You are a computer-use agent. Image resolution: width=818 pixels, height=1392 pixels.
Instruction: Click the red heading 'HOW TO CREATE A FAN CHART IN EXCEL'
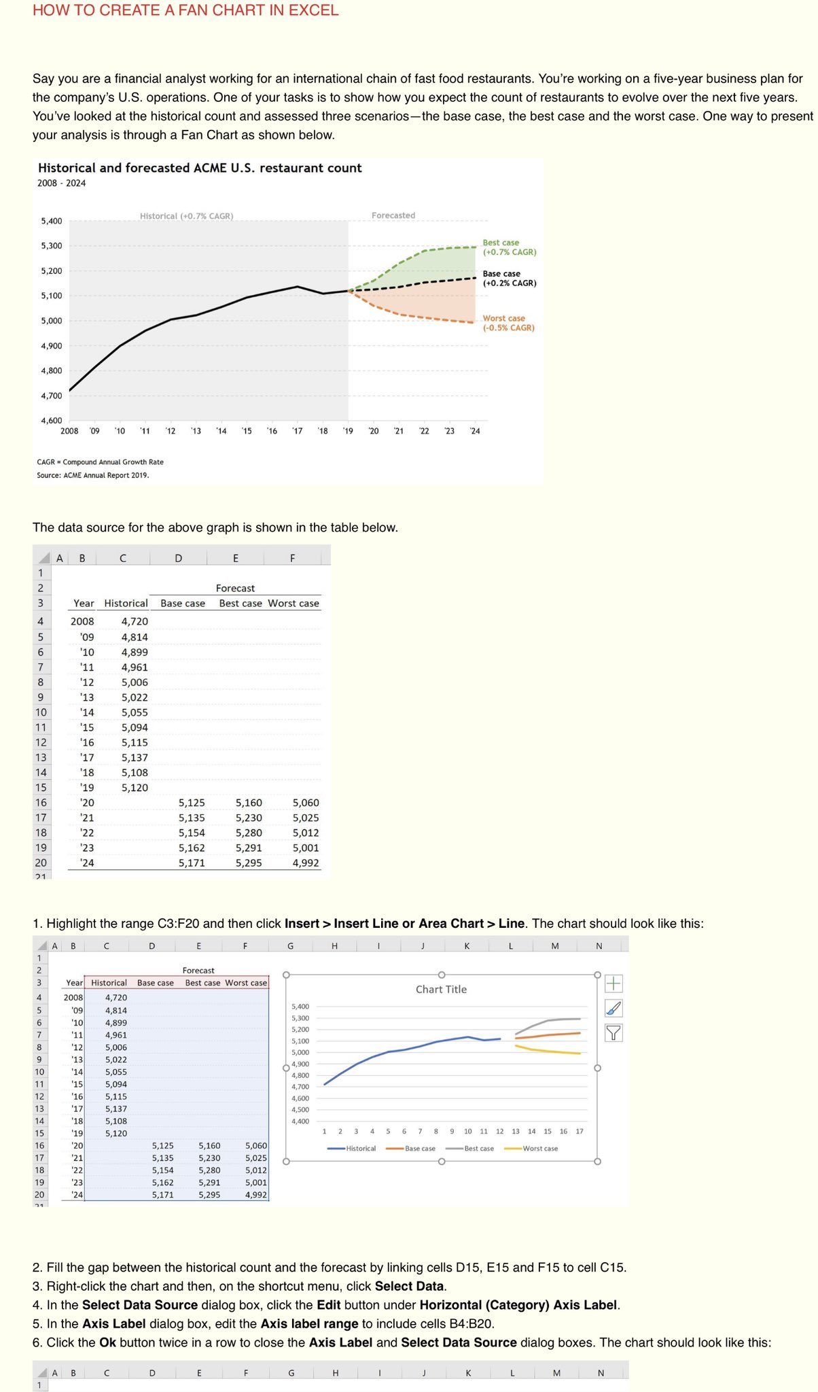(185, 10)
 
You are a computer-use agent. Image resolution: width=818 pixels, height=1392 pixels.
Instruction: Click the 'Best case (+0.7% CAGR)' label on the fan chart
(509, 247)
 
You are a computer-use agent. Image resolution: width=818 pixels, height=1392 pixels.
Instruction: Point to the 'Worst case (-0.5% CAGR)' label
(508, 323)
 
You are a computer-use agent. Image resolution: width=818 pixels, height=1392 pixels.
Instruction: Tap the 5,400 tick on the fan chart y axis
(52, 221)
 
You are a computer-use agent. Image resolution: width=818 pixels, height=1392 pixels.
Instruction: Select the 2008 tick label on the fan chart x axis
(69, 431)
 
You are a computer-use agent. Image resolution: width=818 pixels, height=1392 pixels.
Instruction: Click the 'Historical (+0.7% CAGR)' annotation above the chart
(186, 216)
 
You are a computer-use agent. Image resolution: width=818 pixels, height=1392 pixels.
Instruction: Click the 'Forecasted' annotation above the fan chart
(393, 215)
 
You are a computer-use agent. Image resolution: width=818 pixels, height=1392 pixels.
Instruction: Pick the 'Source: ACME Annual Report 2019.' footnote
(93, 475)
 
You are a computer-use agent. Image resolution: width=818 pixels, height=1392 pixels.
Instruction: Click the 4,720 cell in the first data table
(135, 621)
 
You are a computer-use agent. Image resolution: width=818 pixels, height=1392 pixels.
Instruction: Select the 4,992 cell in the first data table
(306, 863)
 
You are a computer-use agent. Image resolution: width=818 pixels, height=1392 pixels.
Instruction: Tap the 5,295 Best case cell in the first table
(249, 863)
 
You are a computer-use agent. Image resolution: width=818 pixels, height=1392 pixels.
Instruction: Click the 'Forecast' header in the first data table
(235, 588)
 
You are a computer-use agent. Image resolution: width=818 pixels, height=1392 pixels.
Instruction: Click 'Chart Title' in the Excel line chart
(441, 990)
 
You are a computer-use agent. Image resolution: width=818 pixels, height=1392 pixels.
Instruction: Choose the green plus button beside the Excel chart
(613, 984)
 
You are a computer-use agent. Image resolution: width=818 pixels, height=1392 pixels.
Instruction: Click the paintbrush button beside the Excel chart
(613, 1008)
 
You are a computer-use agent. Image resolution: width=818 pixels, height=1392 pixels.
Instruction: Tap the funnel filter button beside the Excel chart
(613, 1033)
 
